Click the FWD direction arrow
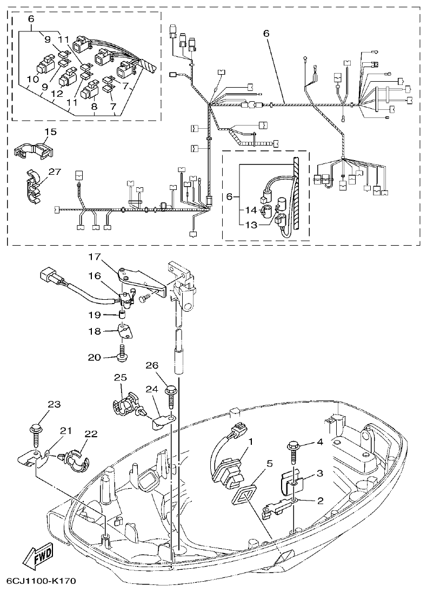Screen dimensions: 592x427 (38, 557)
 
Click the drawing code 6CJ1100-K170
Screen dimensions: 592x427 (41, 581)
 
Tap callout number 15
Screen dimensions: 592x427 (50, 131)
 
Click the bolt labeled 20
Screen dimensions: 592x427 (122, 353)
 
